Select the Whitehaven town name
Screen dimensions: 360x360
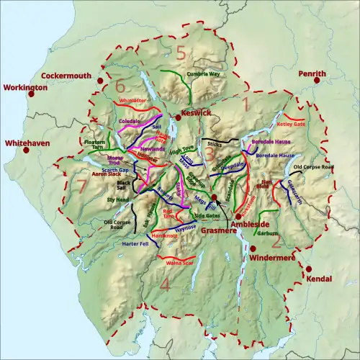point(25,143)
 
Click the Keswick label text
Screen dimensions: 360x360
point(197,114)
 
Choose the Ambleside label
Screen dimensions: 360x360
point(258,225)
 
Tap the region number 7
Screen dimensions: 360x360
point(81,187)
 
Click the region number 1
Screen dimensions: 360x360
point(245,105)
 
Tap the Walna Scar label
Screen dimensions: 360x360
point(177,264)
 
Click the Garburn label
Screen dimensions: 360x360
point(267,233)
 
